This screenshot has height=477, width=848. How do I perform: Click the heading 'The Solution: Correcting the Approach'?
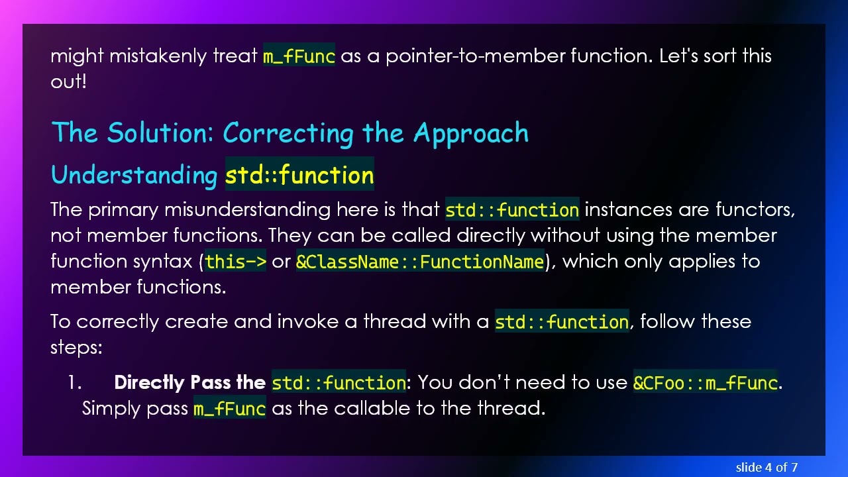pyautogui.click(x=290, y=133)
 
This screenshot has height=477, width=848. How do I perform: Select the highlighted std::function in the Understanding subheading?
pyautogui.click(x=299, y=175)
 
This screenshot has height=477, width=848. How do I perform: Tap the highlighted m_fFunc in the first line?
pyautogui.click(x=299, y=56)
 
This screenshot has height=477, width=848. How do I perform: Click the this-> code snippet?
pyautogui.click(x=235, y=262)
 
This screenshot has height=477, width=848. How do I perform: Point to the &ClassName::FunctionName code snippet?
pyautogui.click(x=419, y=262)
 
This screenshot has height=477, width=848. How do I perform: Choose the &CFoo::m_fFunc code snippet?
pyautogui.click(x=705, y=383)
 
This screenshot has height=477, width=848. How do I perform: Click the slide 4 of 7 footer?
pyautogui.click(x=766, y=467)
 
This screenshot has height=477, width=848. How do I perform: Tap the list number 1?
pyautogui.click(x=74, y=383)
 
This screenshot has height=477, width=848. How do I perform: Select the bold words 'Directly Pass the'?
pyautogui.click(x=189, y=383)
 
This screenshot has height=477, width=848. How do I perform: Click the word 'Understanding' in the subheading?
pyautogui.click(x=134, y=175)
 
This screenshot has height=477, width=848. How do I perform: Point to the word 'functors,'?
pyautogui.click(x=755, y=210)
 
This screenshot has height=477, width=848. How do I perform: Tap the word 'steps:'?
pyautogui.click(x=76, y=348)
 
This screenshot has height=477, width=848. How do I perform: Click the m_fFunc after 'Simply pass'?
pyautogui.click(x=229, y=409)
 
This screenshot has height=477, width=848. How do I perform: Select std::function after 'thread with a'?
pyautogui.click(x=562, y=322)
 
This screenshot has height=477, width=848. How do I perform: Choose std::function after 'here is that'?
pyautogui.click(x=512, y=210)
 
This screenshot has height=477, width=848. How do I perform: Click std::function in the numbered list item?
pyautogui.click(x=339, y=383)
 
